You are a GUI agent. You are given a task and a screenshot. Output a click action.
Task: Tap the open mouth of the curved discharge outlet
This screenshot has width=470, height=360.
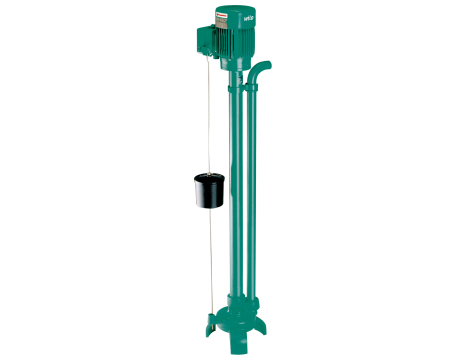(x=268, y=66)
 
